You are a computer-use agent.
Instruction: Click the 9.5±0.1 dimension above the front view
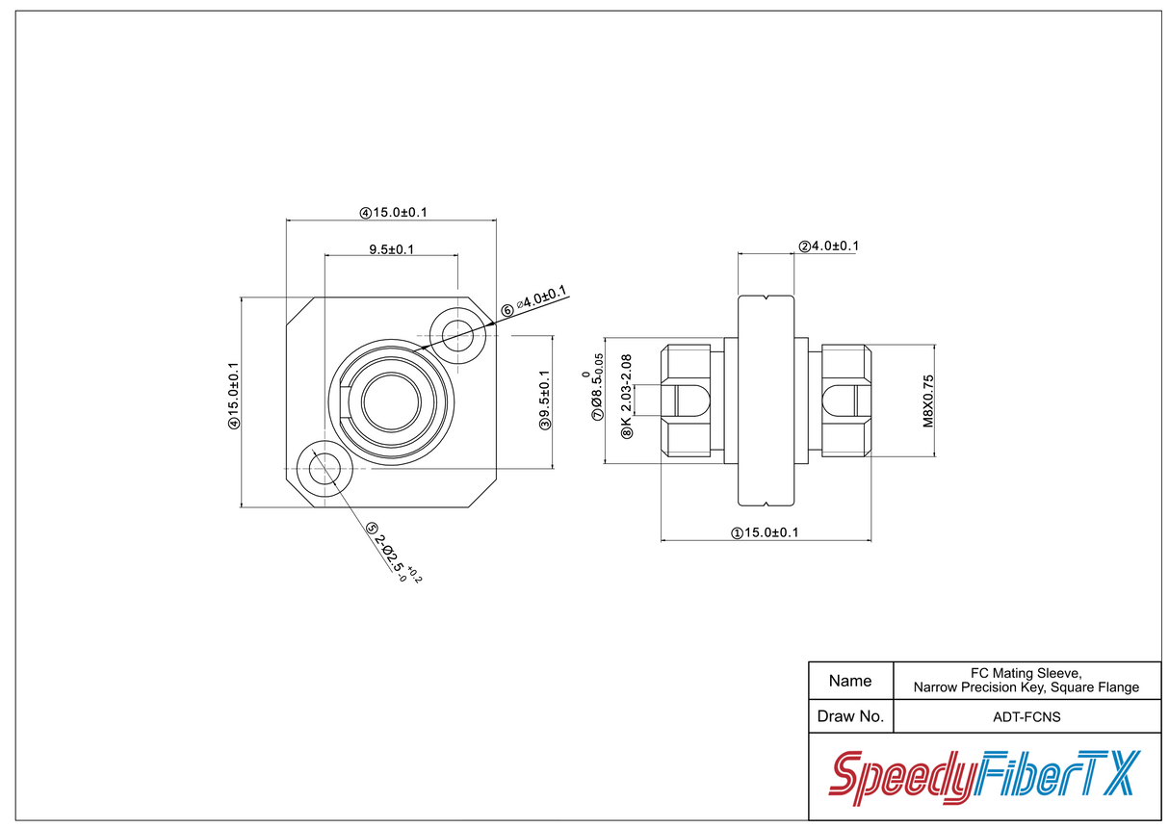pos(391,249)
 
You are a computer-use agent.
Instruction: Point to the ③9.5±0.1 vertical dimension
pos(545,401)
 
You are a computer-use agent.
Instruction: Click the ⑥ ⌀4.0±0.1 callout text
pos(534,301)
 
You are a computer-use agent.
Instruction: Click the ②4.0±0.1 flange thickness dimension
pos(828,246)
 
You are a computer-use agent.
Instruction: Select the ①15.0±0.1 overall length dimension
pos(766,532)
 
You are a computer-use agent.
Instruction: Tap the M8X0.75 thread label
pos(928,401)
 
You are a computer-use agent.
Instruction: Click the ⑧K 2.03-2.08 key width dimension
pos(626,397)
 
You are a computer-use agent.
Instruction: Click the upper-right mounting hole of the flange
pos(458,336)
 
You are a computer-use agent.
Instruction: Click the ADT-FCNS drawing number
pos(1026,716)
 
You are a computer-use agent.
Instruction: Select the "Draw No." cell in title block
pos(850,716)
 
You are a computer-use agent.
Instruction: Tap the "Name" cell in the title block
pos(850,681)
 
